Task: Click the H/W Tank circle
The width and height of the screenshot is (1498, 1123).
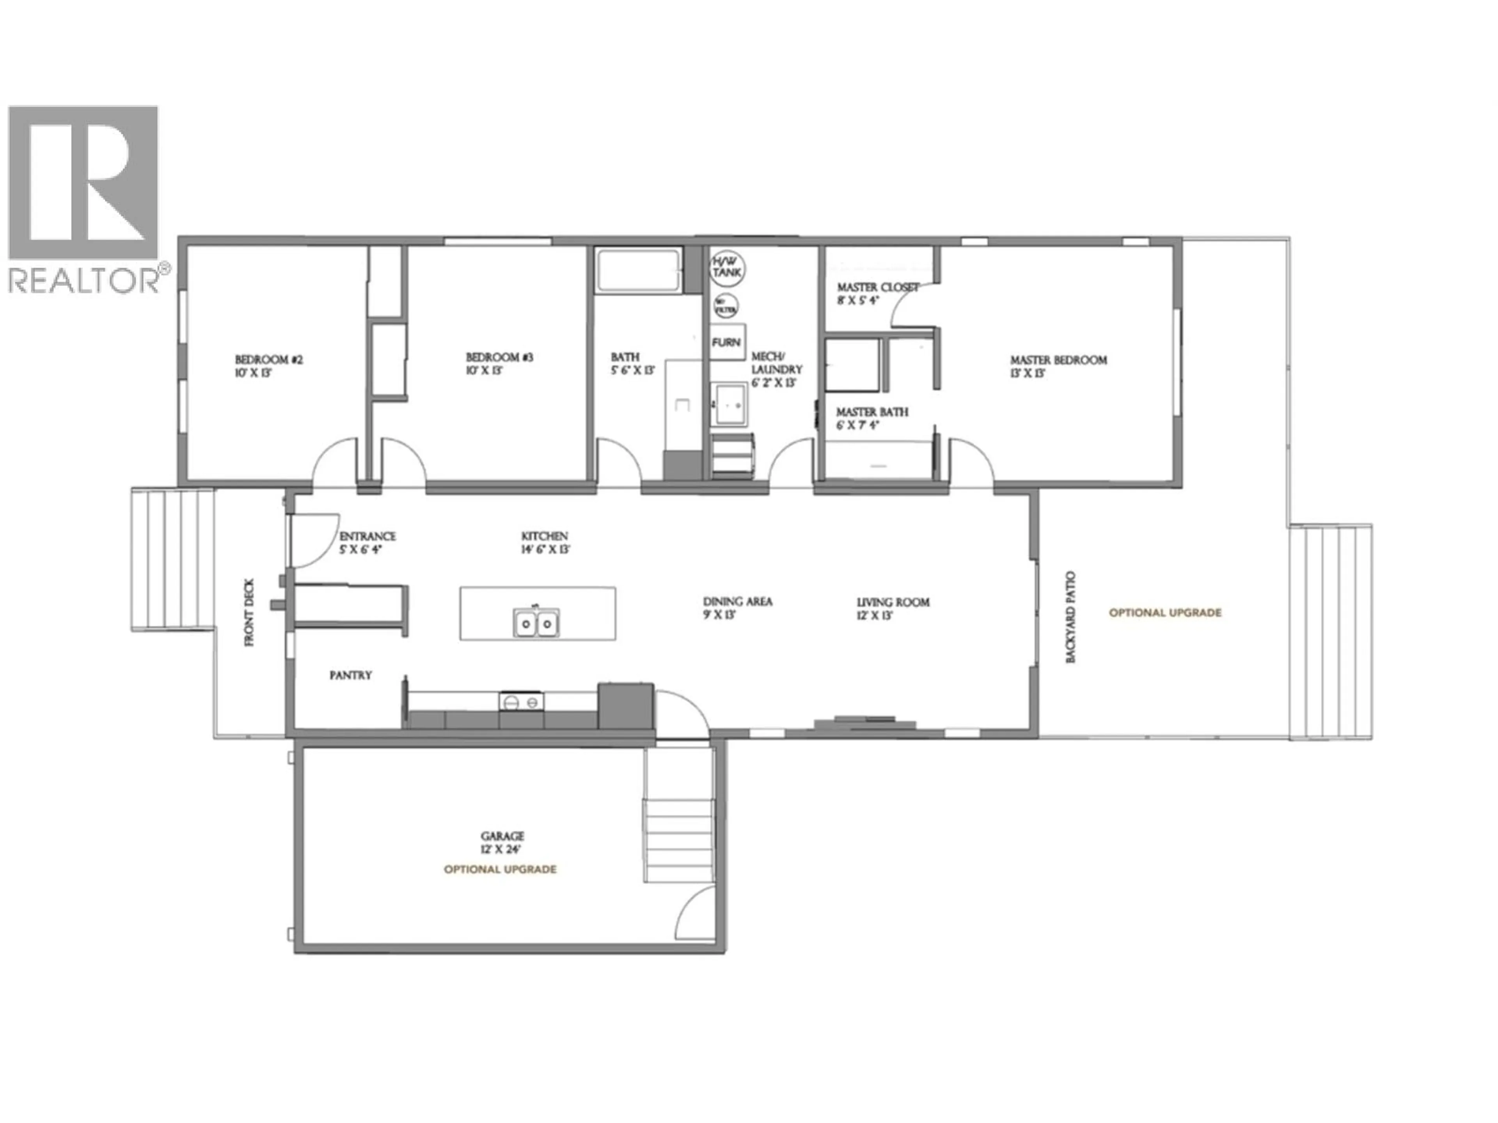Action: tap(727, 266)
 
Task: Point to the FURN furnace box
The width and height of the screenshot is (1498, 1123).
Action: tap(727, 342)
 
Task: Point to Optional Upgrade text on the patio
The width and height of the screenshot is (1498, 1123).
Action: tap(1165, 613)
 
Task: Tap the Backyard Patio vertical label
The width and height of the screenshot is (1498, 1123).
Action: tap(1071, 617)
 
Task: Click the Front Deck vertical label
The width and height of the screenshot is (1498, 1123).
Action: tap(249, 613)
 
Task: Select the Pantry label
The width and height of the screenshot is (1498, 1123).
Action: tap(350, 675)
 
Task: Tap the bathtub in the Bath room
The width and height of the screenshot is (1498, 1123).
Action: tap(638, 270)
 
